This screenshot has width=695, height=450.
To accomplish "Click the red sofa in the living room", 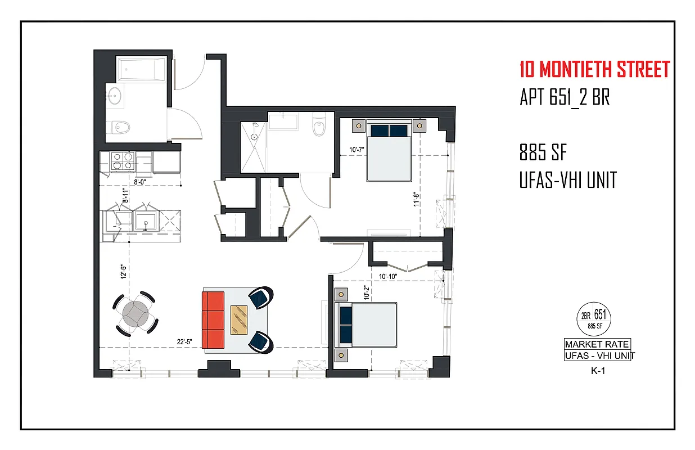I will click(x=213, y=319).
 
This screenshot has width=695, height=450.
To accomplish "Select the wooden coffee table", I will click(x=240, y=319).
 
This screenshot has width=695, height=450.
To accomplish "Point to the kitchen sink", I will click(x=146, y=220).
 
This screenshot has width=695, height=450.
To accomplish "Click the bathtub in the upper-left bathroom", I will click(x=141, y=70).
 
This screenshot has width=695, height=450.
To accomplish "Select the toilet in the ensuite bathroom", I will click(x=319, y=127).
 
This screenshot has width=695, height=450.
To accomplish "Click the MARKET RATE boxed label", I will click(x=597, y=344).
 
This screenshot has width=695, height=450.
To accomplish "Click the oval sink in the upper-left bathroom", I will click(x=117, y=96).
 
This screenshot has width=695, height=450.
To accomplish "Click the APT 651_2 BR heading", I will click(x=565, y=98).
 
